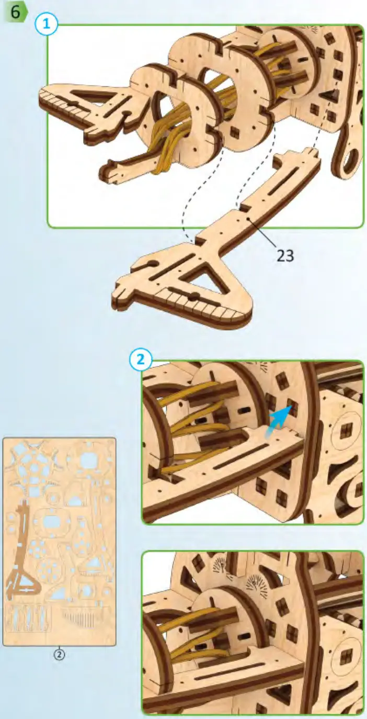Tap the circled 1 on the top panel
pyautogui.click(x=47, y=25)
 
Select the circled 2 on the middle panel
pyautogui.click(x=141, y=360)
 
